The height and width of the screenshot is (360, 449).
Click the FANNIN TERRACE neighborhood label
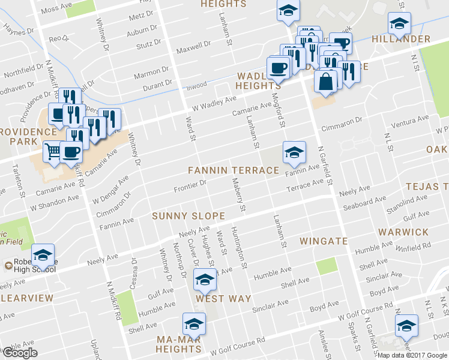point(234,170)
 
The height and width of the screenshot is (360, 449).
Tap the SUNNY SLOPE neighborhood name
point(188,216)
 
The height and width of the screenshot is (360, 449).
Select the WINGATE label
point(324,241)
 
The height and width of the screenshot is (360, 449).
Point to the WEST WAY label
point(218,298)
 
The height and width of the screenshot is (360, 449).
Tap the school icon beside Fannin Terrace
point(294,152)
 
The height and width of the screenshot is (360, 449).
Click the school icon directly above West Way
point(205,280)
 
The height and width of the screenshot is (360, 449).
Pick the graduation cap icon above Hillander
point(399,23)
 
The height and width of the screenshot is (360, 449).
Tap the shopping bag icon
point(325,82)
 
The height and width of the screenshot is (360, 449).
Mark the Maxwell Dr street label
point(193,44)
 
